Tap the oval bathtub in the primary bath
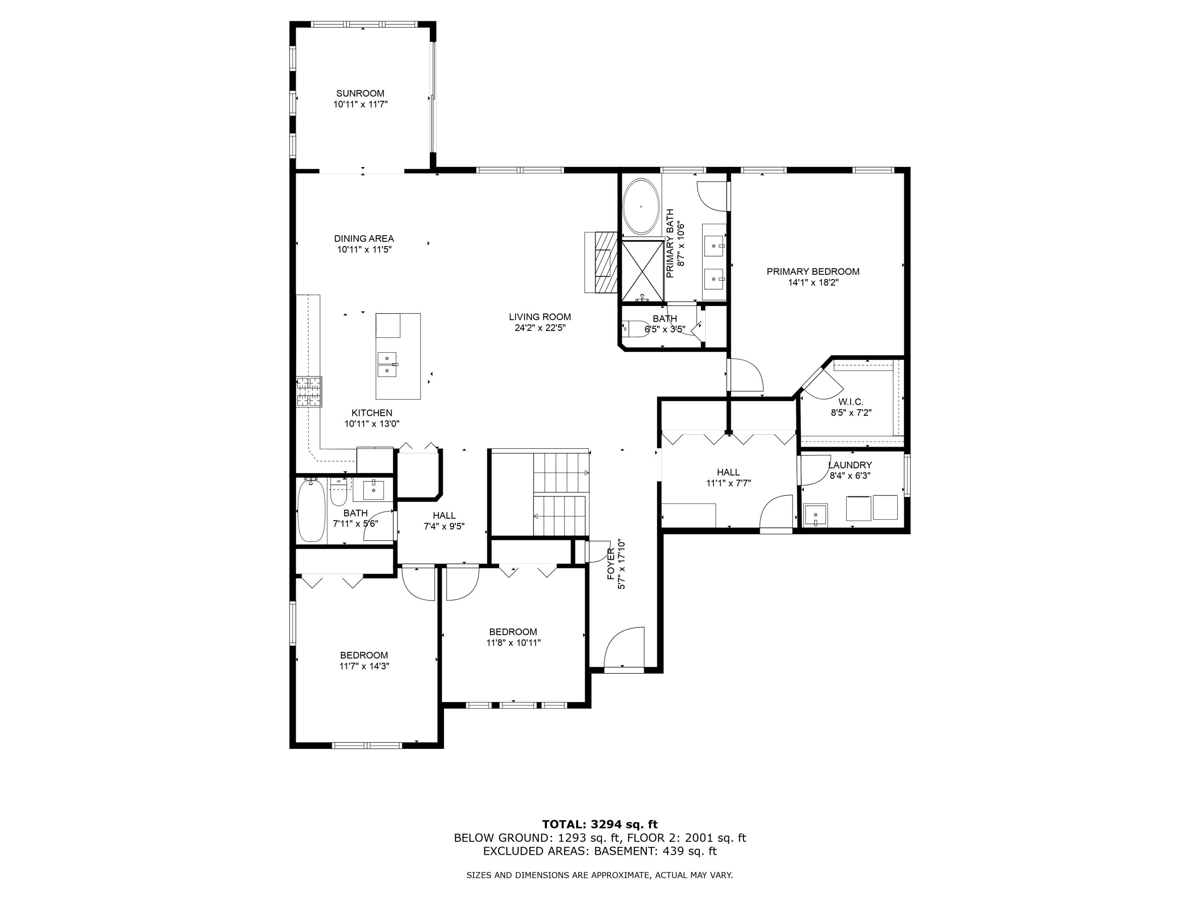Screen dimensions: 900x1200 click(x=641, y=207)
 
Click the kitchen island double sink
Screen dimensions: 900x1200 click(x=387, y=364)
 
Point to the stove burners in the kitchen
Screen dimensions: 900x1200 click(x=309, y=392)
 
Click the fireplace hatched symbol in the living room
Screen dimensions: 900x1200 click(x=606, y=262)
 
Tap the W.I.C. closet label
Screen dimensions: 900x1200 click(x=851, y=402)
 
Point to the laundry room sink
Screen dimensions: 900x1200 click(x=815, y=515)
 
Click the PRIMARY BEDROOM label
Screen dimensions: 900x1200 click(x=813, y=272)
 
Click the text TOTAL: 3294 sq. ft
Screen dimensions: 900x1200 click(x=600, y=824)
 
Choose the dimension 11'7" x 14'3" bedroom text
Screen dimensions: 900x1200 click(x=364, y=666)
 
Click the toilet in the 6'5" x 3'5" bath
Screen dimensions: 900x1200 click(x=635, y=329)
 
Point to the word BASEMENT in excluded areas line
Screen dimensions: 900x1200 click(x=625, y=851)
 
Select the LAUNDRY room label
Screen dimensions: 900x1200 click(x=850, y=465)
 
